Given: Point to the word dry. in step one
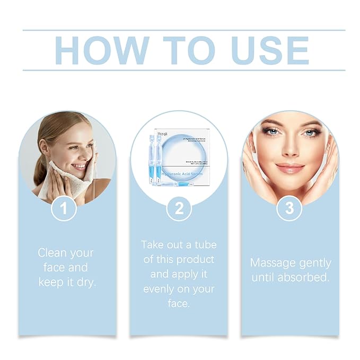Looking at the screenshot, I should [x=86, y=282].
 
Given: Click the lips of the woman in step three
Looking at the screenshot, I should [x=290, y=168].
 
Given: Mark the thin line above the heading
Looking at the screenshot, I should [x=183, y=30].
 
